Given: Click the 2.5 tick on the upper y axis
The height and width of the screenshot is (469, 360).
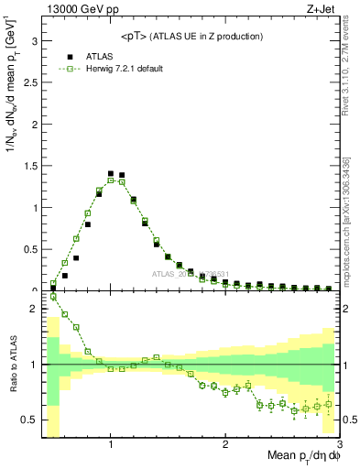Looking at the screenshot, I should coord(29,83).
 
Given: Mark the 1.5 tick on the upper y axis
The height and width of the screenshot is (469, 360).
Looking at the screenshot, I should coord(29,167).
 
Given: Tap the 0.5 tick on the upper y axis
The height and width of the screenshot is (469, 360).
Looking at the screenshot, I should coord(29,249).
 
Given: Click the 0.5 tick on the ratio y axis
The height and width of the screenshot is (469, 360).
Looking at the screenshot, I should coord(29,420).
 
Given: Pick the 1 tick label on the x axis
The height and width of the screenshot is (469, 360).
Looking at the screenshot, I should coord(111,445).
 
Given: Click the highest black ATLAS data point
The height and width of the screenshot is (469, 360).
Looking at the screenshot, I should coord(111,173).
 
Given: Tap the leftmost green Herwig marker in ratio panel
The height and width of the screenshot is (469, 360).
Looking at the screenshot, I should coord(53,297).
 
